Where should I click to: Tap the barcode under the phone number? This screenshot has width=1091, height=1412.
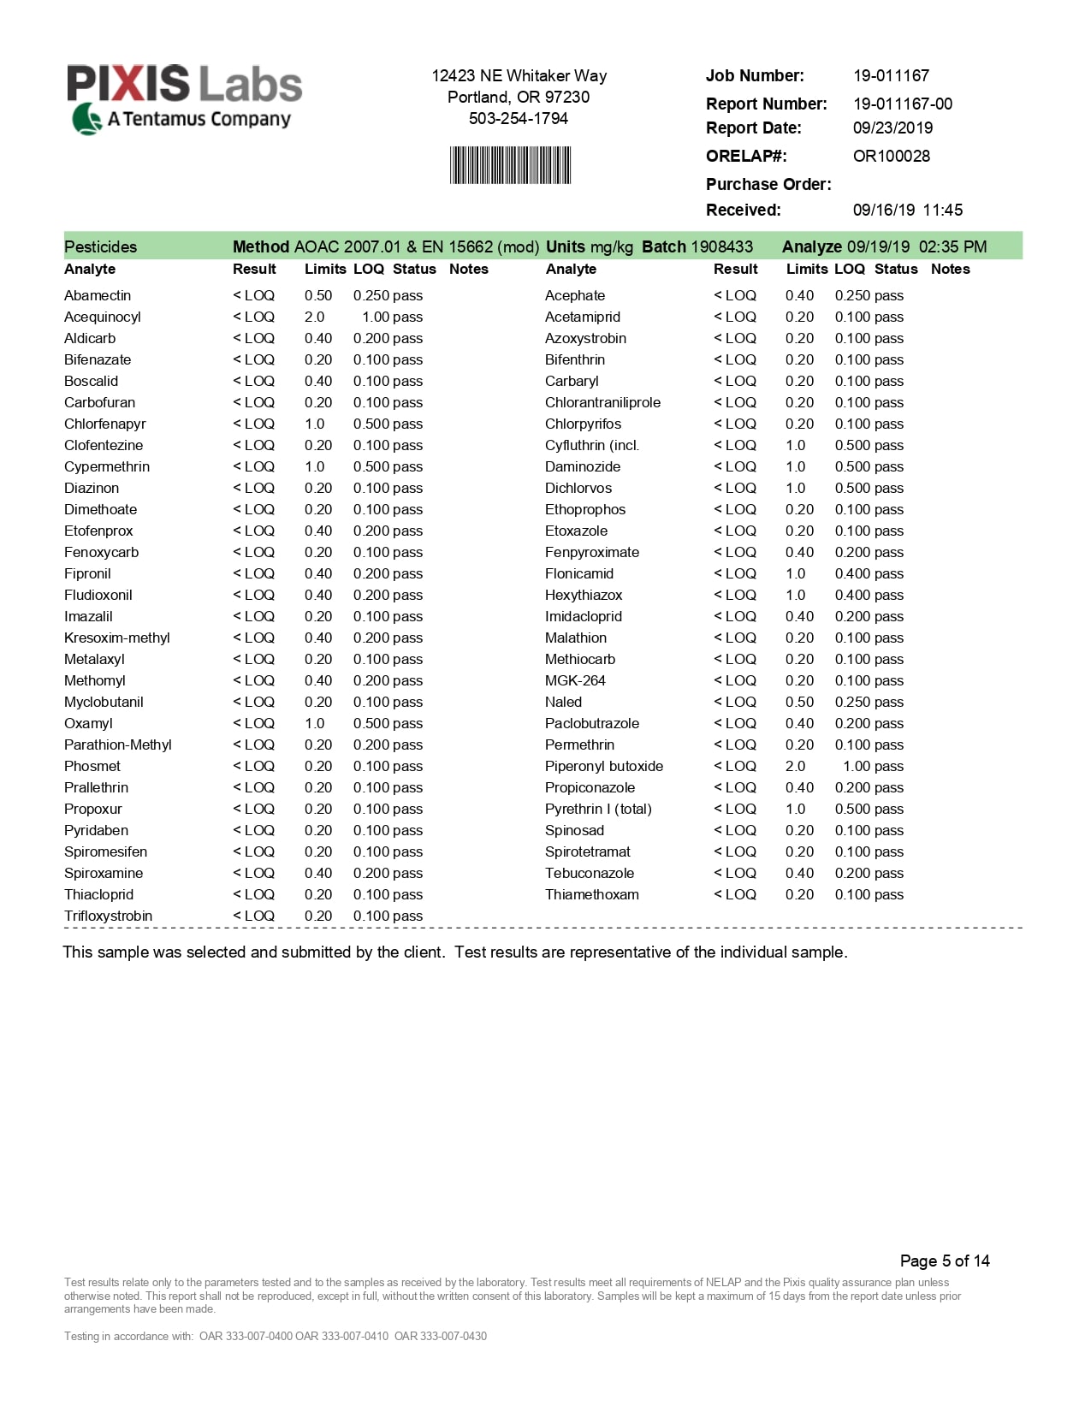[510, 165]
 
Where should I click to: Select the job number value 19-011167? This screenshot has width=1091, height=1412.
[891, 75]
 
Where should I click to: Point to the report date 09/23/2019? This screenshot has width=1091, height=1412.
[892, 128]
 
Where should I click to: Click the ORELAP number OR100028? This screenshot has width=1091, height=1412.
[891, 156]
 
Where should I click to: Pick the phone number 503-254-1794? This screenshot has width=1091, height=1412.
[519, 118]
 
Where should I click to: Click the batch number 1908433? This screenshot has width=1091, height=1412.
[721, 246]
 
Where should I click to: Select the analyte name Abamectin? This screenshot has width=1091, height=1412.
[98, 295]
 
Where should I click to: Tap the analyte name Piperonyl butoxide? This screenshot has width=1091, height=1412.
[603, 766]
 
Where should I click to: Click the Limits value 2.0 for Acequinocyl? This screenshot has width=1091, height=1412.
[314, 317]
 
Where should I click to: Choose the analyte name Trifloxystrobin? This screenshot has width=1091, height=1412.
[108, 916]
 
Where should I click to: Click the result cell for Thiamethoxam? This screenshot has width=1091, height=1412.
[735, 894]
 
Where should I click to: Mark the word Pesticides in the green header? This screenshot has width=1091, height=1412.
[100, 246]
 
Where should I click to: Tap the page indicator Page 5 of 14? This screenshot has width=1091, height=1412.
[945, 1261]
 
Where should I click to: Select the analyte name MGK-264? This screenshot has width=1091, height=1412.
[575, 680]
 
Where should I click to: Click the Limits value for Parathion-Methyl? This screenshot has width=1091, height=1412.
[318, 745]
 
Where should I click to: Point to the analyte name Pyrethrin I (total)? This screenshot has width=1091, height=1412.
[598, 809]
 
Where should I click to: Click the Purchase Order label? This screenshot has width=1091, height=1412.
[768, 184]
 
